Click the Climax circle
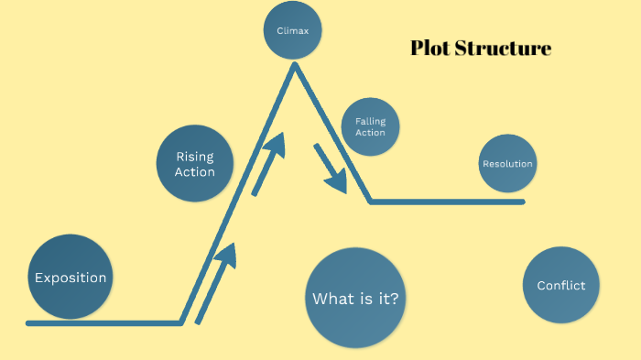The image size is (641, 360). click(293, 30)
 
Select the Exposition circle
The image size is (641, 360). click(71, 277)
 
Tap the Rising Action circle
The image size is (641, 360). click(195, 163)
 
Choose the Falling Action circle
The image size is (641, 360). click(370, 126)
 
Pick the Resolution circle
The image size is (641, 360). click(507, 163)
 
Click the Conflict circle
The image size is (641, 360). click(561, 285)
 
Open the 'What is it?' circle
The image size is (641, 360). click(355, 298)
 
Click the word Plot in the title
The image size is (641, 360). click(430, 49)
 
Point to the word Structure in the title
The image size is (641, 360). click(504, 49)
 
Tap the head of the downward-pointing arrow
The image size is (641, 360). click(338, 182)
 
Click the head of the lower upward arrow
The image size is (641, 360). click(227, 256)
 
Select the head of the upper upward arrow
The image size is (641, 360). click(276, 145)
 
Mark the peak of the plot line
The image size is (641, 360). click(294, 65)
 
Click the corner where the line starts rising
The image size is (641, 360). click(181, 323)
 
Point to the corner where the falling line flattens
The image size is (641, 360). click(370, 202)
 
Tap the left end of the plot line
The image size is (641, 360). click(27, 323)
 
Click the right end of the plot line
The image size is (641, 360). click(523, 202)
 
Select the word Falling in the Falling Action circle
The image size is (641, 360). click(370, 122)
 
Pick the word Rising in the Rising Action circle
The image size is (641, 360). click(195, 157)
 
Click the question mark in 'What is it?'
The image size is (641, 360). click(394, 298)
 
